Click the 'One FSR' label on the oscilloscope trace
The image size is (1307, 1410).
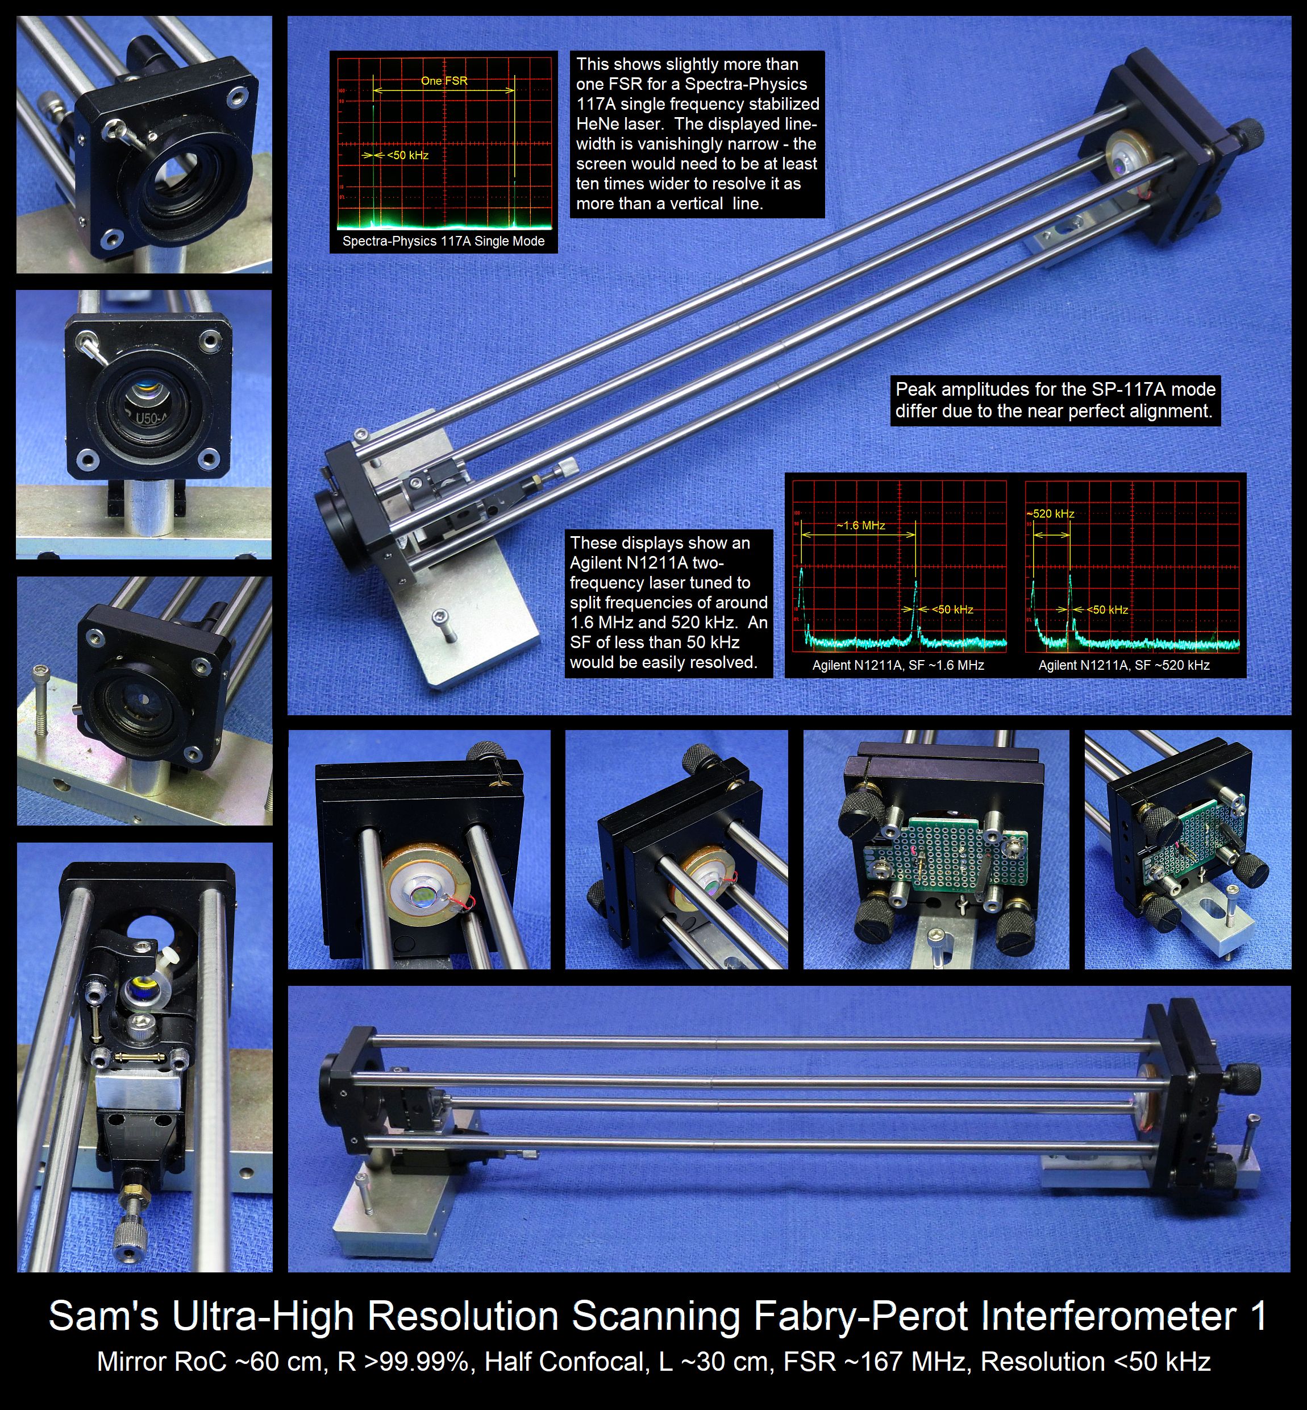(x=444, y=81)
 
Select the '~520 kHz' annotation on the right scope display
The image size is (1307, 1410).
(x=1050, y=513)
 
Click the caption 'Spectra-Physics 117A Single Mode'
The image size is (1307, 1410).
(x=443, y=241)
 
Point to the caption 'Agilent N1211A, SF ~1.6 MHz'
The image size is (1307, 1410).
(x=898, y=665)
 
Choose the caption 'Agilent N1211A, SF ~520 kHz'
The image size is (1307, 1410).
(x=1124, y=665)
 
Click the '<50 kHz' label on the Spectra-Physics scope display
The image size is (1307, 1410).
(x=407, y=156)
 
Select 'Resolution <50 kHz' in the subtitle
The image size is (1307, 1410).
(x=1096, y=1362)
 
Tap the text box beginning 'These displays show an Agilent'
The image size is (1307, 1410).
(x=669, y=603)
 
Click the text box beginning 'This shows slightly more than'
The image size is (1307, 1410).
(x=697, y=134)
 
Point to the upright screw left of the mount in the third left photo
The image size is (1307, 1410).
(x=41, y=701)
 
